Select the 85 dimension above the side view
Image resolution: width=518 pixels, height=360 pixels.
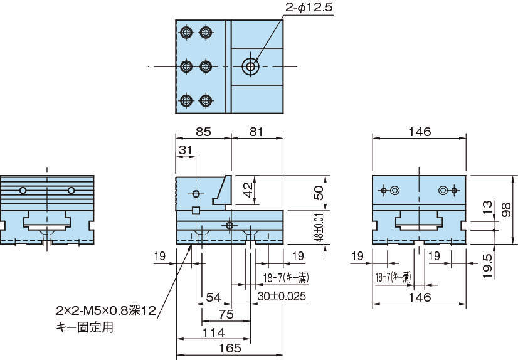(203, 132)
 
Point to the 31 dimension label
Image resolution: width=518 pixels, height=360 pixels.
(186, 151)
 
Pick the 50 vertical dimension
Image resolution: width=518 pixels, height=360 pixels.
(319, 193)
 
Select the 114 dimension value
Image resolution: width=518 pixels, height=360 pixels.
(213, 331)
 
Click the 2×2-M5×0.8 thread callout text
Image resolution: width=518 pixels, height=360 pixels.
(105, 310)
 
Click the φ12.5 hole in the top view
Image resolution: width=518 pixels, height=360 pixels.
(250, 66)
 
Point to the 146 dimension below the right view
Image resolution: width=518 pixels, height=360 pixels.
(419, 296)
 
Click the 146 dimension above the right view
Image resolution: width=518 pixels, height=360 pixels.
(419, 132)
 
